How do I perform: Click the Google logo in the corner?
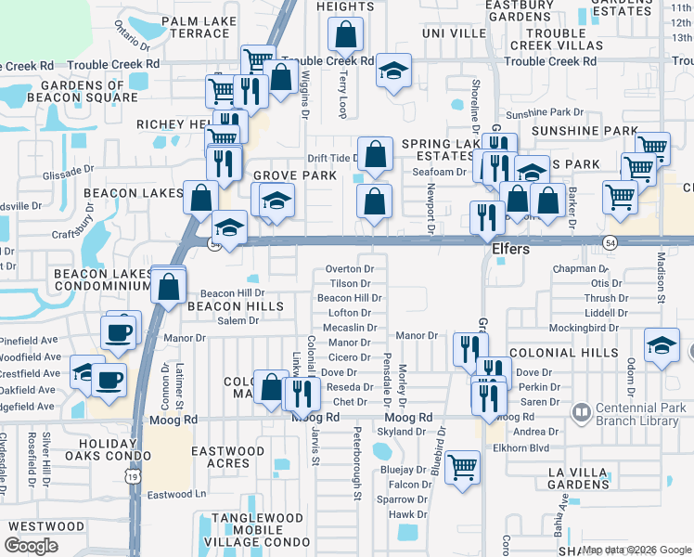tap(31, 546)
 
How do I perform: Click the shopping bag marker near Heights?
tap(345, 35)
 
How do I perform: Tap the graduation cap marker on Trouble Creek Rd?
tap(393, 71)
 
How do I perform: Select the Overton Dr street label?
tap(349, 269)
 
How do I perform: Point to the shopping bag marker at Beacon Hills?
tap(169, 286)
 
